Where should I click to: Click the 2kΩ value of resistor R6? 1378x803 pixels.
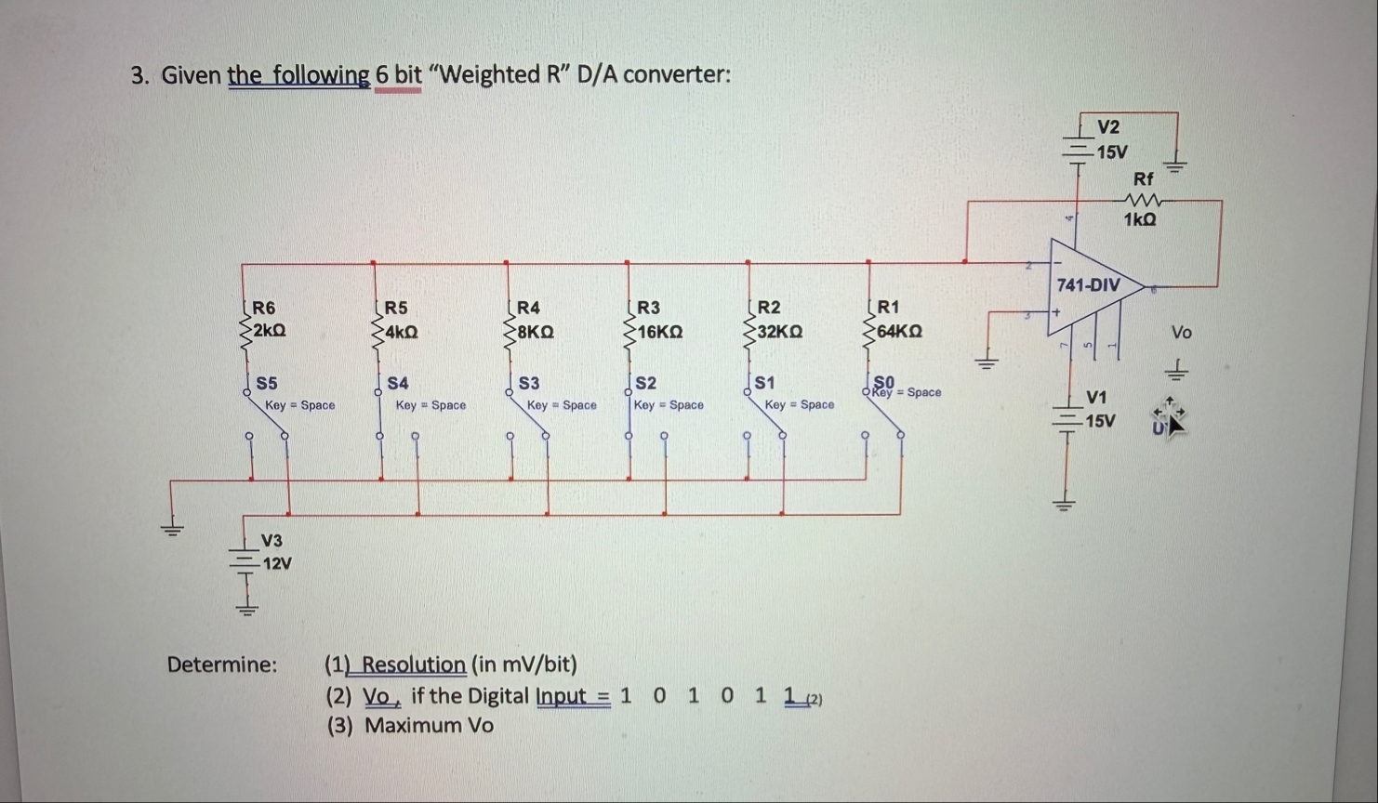pyautogui.click(x=269, y=330)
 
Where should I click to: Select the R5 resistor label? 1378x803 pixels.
pyautogui.click(x=396, y=308)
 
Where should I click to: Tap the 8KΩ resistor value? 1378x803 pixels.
pyautogui.click(x=536, y=331)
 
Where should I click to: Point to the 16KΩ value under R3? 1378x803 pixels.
pyautogui.click(x=660, y=331)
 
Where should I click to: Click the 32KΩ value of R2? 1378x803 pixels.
pyautogui.click(x=780, y=331)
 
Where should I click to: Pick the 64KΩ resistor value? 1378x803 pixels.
pyautogui.click(x=899, y=331)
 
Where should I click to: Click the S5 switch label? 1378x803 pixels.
pyautogui.click(x=267, y=383)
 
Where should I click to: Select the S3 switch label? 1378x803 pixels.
pyautogui.click(x=529, y=383)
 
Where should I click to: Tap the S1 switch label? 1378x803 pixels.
pyautogui.click(x=765, y=383)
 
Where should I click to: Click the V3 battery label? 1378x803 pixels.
pyautogui.click(x=272, y=540)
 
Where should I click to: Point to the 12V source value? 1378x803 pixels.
pyautogui.click(x=277, y=563)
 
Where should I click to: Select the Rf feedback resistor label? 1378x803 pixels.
pyautogui.click(x=1144, y=178)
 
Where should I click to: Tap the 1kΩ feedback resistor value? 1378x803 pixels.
pyautogui.click(x=1140, y=219)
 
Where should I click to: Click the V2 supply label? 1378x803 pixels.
pyautogui.click(x=1108, y=127)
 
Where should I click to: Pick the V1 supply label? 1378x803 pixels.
pyautogui.click(x=1097, y=397)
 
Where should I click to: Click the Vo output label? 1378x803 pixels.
pyautogui.click(x=1181, y=332)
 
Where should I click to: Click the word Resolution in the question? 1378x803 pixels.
pyautogui.click(x=413, y=665)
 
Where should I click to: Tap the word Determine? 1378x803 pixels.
pyautogui.click(x=221, y=665)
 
